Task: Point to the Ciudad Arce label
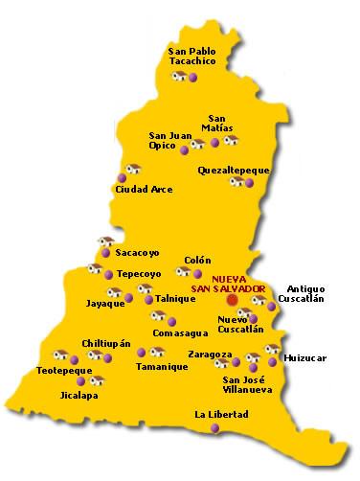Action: (x=143, y=189)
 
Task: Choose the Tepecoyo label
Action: (x=138, y=273)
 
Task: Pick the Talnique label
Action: (x=175, y=298)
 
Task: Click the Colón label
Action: (x=197, y=259)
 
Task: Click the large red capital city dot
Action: (x=232, y=300)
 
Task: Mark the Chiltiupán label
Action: (x=106, y=342)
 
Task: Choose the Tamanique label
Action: (x=161, y=366)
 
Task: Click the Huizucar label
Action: (x=305, y=357)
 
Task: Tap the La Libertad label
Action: (x=221, y=414)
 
